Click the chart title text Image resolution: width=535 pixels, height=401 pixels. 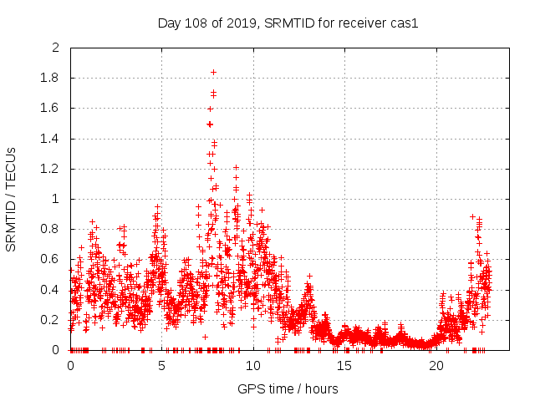point(288,23)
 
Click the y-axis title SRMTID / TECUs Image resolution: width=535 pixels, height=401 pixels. point(11,199)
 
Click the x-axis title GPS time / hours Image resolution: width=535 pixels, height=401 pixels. point(288,388)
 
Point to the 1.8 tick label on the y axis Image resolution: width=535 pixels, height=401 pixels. point(51,79)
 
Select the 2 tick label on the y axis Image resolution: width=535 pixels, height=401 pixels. point(56,48)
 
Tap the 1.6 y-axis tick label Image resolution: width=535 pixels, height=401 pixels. point(51,109)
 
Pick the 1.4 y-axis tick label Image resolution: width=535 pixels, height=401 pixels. point(51,139)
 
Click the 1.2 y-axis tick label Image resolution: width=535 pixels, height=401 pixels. point(51,169)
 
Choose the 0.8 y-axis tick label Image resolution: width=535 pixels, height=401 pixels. point(51,230)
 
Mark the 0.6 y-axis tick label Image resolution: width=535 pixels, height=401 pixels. point(51,260)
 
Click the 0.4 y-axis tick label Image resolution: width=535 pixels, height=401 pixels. point(51,290)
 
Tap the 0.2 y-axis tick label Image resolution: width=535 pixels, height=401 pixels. point(51,320)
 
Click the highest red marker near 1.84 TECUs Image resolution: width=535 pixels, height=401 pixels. point(213,72)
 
